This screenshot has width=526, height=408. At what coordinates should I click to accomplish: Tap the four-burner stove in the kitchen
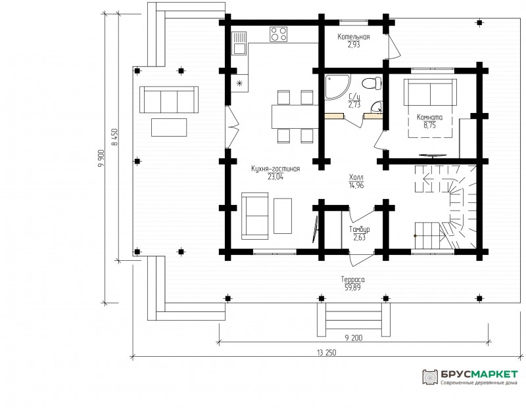pos(278,34)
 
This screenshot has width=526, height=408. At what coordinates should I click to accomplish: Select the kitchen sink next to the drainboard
pos(239,48)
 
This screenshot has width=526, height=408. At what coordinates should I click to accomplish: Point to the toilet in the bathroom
pos(372,83)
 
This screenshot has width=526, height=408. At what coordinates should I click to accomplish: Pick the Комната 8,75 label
pos(429,122)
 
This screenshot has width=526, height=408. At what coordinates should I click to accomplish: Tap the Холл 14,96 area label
pos(356,181)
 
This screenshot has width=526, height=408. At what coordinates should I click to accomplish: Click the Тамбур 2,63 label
pos(359,233)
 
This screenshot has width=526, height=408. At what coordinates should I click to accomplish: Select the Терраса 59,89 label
pos(352,283)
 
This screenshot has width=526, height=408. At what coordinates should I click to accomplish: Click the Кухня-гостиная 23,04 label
pos(275,173)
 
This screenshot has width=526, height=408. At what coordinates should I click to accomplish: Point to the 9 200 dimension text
pos(354,338)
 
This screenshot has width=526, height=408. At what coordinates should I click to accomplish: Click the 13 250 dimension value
pos(326,353)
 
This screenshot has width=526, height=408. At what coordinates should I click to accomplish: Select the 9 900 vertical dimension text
pos(102,158)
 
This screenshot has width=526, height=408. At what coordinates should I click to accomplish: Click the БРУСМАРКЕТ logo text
pos(479,374)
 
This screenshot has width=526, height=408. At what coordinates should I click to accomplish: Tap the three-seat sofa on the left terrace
pos(169,100)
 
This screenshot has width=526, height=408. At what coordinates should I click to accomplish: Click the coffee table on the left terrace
pos(169,127)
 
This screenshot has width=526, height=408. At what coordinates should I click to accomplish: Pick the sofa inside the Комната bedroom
pos(430,92)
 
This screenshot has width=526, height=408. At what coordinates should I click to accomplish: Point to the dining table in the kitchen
pos(295,117)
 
